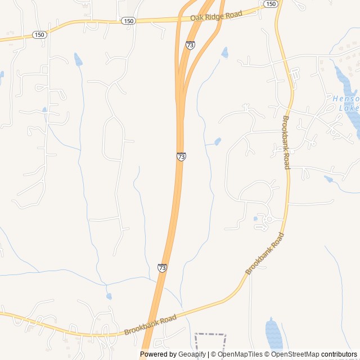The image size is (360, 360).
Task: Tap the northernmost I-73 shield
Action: [191, 45]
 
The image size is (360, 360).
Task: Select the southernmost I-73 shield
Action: [162, 268]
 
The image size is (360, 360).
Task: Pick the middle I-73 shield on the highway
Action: [181, 156]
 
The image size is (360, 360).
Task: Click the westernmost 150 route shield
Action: [39, 35]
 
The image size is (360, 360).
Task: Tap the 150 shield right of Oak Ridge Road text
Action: [271, 4]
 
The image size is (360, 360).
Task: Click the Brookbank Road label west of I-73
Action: [150, 325]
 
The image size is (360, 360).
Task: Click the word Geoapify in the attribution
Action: [191, 354]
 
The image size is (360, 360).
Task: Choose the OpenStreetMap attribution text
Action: [295, 354]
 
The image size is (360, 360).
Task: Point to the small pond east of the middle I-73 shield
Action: [218, 141]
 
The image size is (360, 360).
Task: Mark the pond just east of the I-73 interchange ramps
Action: [225, 53]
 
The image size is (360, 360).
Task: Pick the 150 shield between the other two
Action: [128, 21]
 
